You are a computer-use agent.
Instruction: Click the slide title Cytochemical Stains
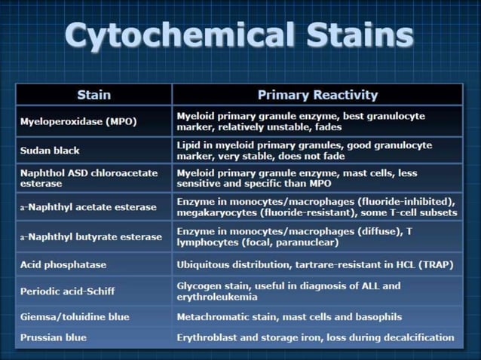coord(239,35)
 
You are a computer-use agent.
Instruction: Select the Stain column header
coord(93,95)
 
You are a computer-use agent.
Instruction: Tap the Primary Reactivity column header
coord(317,95)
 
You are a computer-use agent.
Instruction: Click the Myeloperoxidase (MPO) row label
coord(78,121)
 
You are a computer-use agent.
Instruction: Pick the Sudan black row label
coord(50,151)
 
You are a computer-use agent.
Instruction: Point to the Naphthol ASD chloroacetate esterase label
coord(89,178)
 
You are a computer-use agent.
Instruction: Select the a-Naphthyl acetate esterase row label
coord(88,207)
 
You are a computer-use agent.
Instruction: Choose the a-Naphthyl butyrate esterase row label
coord(90,236)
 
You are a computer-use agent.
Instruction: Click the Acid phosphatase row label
coord(63,265)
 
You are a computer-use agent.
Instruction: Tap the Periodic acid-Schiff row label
coord(68,291)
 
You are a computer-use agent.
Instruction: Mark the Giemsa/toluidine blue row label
coord(75,317)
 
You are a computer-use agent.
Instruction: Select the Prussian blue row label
coord(54,337)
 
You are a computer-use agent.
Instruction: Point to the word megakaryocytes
coord(213,213)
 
